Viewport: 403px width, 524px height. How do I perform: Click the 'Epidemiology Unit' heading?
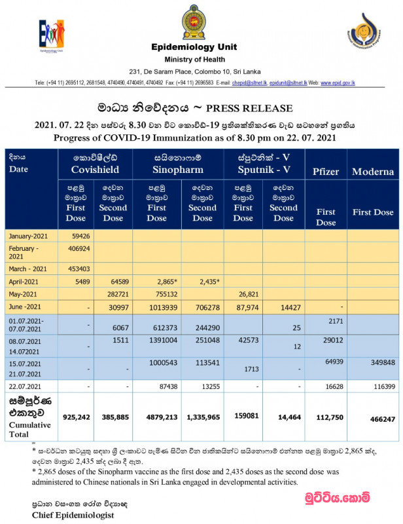[194, 47]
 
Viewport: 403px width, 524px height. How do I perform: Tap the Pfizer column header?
[325, 172]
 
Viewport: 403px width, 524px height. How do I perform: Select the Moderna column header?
[373, 172]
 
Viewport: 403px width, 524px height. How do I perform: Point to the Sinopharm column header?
[178, 164]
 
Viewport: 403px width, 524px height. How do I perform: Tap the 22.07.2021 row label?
[27, 386]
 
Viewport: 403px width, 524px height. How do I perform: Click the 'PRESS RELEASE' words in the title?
[249, 108]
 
